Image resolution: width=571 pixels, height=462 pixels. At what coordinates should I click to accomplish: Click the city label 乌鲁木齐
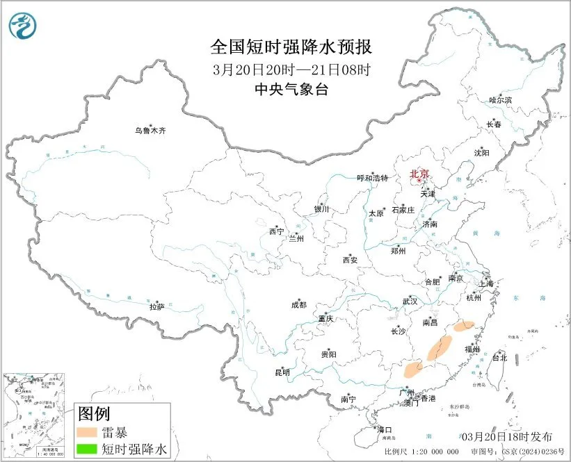151,130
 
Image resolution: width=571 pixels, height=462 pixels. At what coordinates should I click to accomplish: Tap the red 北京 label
419,174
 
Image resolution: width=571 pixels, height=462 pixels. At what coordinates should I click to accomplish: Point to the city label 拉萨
156,306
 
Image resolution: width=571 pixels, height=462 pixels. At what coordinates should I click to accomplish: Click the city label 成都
298,304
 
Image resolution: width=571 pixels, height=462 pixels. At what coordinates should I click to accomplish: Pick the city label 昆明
282,372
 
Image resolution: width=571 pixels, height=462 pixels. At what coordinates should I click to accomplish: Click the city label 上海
490,284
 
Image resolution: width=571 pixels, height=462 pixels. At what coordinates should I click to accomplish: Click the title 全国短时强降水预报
291,47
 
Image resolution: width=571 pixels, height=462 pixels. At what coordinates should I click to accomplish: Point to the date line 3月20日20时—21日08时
291,69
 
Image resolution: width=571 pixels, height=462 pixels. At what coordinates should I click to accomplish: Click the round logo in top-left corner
22,26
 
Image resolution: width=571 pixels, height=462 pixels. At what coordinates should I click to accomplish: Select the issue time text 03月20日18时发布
507,436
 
